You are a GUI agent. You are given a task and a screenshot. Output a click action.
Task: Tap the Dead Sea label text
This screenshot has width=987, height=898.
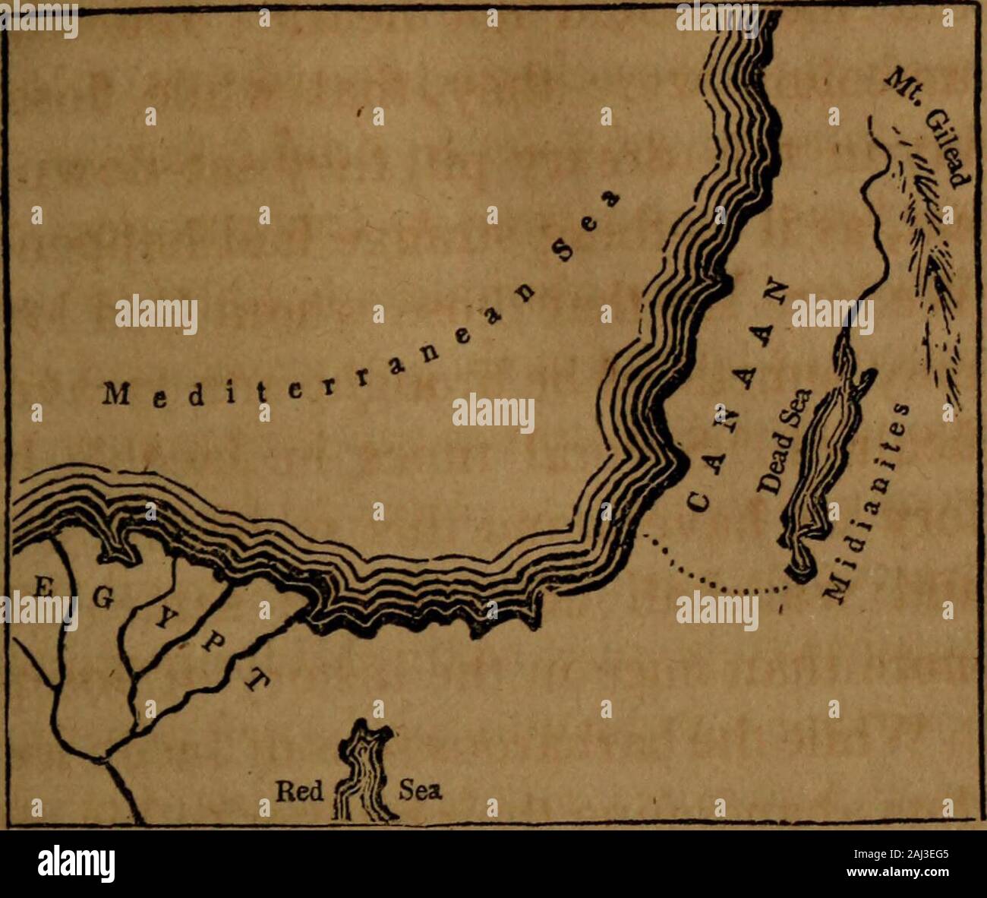click(782, 441)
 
